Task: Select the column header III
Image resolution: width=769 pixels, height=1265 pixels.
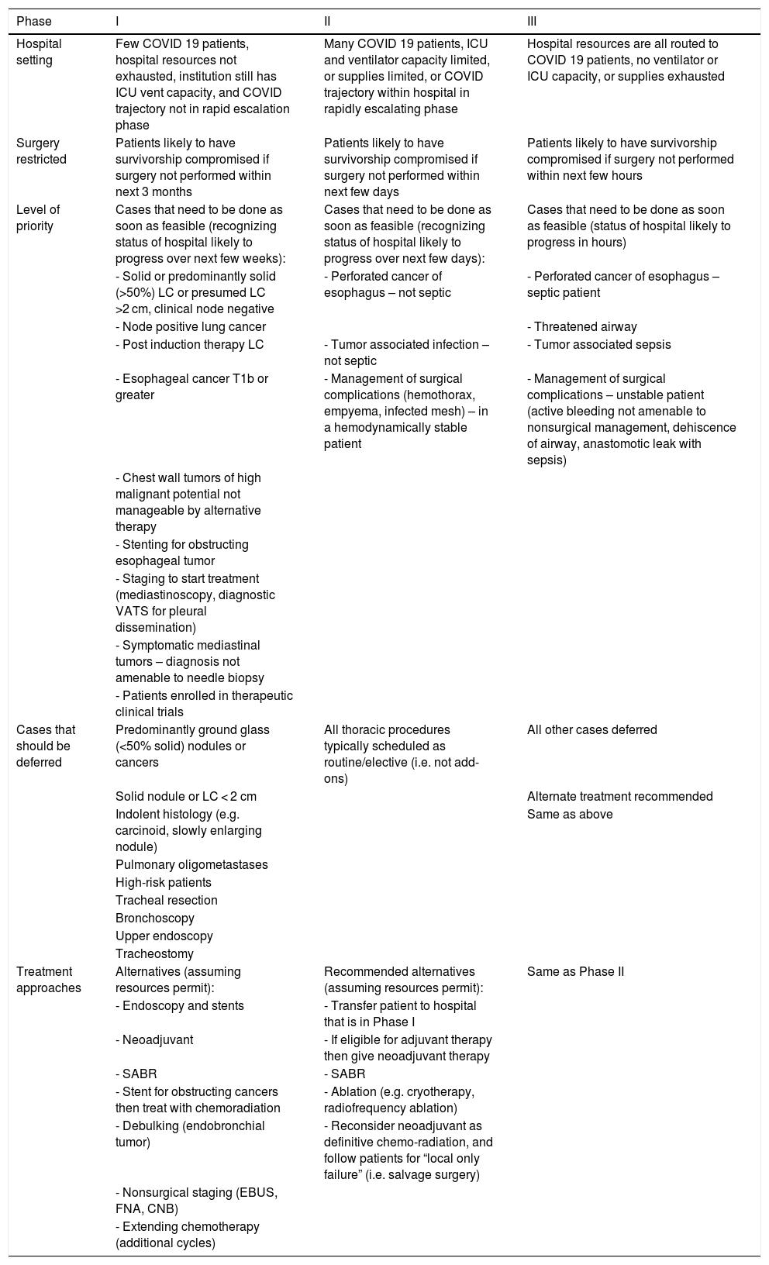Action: tap(532, 20)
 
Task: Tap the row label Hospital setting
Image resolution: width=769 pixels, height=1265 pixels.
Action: tap(39, 52)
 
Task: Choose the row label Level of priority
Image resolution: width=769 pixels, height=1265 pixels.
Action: tap(38, 218)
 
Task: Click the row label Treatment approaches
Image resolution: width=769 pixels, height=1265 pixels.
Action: tap(48, 980)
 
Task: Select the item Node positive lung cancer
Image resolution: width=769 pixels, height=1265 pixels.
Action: tap(191, 327)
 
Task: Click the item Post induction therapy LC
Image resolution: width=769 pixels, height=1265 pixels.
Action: tap(189, 344)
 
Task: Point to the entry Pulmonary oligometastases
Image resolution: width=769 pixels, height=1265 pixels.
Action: tap(191, 864)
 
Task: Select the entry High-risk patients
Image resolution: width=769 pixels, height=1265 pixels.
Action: tap(163, 882)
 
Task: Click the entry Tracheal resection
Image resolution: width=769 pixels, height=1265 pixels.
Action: tap(166, 900)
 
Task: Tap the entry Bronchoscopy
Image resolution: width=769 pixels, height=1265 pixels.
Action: tap(154, 918)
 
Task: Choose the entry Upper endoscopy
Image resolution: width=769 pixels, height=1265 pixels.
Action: tap(164, 936)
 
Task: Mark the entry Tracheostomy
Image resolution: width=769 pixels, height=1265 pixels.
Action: tap(154, 953)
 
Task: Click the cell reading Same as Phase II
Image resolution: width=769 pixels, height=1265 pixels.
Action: tap(575, 971)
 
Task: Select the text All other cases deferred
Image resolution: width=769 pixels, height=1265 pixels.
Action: tap(591, 729)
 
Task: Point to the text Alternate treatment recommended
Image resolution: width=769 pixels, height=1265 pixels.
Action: tap(619, 796)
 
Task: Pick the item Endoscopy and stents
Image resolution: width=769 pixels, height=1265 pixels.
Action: tap(180, 1005)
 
